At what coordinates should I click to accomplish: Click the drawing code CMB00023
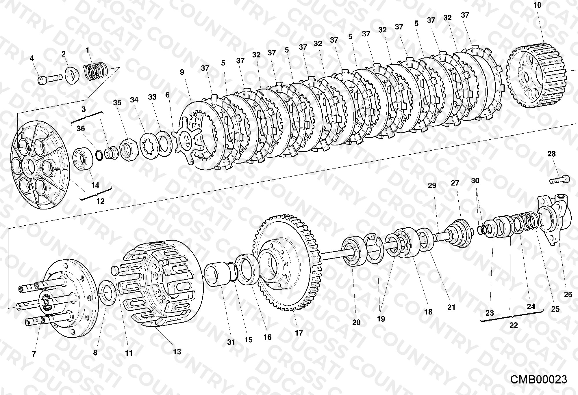tap(538, 379)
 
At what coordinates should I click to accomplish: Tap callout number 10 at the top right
tap(537, 5)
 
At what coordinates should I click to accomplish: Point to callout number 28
tap(551, 154)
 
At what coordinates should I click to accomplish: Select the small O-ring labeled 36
tap(99, 156)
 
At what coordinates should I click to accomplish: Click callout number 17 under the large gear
tap(299, 333)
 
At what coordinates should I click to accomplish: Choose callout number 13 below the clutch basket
tap(177, 351)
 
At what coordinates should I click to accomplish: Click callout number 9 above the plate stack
tap(182, 72)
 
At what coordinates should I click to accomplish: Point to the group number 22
tap(513, 325)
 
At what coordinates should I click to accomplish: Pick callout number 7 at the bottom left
tap(34, 354)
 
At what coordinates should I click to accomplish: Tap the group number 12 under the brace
tap(100, 201)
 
